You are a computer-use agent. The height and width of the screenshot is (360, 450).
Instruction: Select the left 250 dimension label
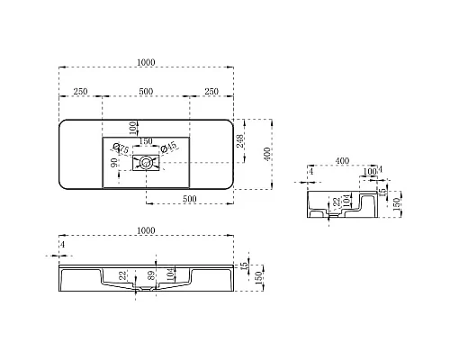click(x=79, y=92)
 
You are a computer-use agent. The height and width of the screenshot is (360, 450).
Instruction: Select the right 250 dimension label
click(x=213, y=92)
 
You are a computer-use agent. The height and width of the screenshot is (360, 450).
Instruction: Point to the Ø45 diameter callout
click(x=168, y=148)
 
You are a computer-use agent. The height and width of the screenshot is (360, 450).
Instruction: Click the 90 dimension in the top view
click(x=114, y=164)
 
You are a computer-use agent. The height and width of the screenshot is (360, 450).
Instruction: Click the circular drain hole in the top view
click(x=144, y=163)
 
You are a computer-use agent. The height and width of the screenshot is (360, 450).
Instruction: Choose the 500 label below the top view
click(x=190, y=198)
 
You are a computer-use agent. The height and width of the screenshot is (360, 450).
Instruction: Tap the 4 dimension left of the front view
click(x=63, y=244)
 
